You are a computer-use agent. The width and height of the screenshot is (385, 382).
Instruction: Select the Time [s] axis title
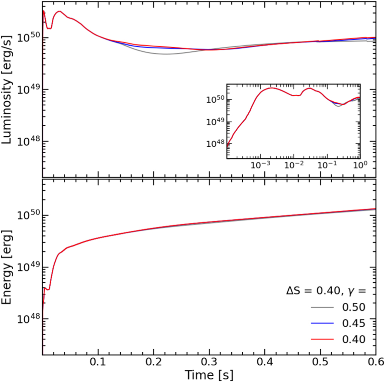click(209, 374)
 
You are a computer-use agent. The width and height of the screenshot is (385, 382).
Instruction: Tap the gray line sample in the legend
click(323, 307)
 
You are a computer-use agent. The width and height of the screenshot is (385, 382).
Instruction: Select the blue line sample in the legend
click(323, 323)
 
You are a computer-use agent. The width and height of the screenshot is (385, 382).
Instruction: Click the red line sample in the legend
click(323, 339)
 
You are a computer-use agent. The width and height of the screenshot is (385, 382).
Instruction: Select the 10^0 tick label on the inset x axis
click(359, 165)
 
